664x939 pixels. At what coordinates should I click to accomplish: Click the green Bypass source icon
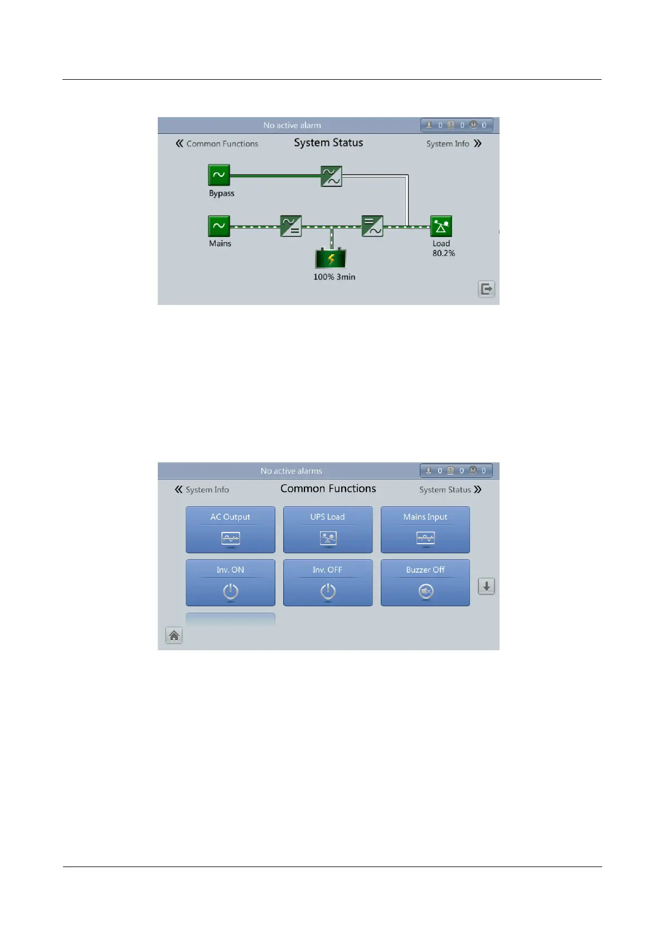pos(219,175)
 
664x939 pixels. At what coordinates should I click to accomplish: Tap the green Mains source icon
pos(219,226)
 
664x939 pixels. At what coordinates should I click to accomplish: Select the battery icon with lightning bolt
pos(331,259)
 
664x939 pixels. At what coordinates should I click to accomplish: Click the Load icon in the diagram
pos(441,226)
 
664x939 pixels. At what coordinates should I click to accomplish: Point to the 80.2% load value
pos(444,253)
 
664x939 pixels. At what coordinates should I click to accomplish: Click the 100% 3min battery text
pos(334,277)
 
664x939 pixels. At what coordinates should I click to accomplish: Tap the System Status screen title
pos(328,143)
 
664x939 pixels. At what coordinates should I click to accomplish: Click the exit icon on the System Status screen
pos(487,289)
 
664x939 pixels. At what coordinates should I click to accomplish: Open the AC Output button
pos(230,529)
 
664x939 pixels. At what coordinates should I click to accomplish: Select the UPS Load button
pos(328,529)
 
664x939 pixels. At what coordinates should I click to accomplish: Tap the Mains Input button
pos(425,529)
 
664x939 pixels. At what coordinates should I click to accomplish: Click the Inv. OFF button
pos(328,582)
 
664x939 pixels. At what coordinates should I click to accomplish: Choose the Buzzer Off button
pos(425,582)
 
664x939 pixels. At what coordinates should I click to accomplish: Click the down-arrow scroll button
pos(487,586)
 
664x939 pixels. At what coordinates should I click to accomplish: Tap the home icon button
pos(174,635)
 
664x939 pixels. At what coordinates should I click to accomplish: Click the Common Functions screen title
pos(328,488)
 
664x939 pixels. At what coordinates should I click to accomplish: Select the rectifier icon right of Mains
pos(291,226)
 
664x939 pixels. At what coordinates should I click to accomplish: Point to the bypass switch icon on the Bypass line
pos(331,176)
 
